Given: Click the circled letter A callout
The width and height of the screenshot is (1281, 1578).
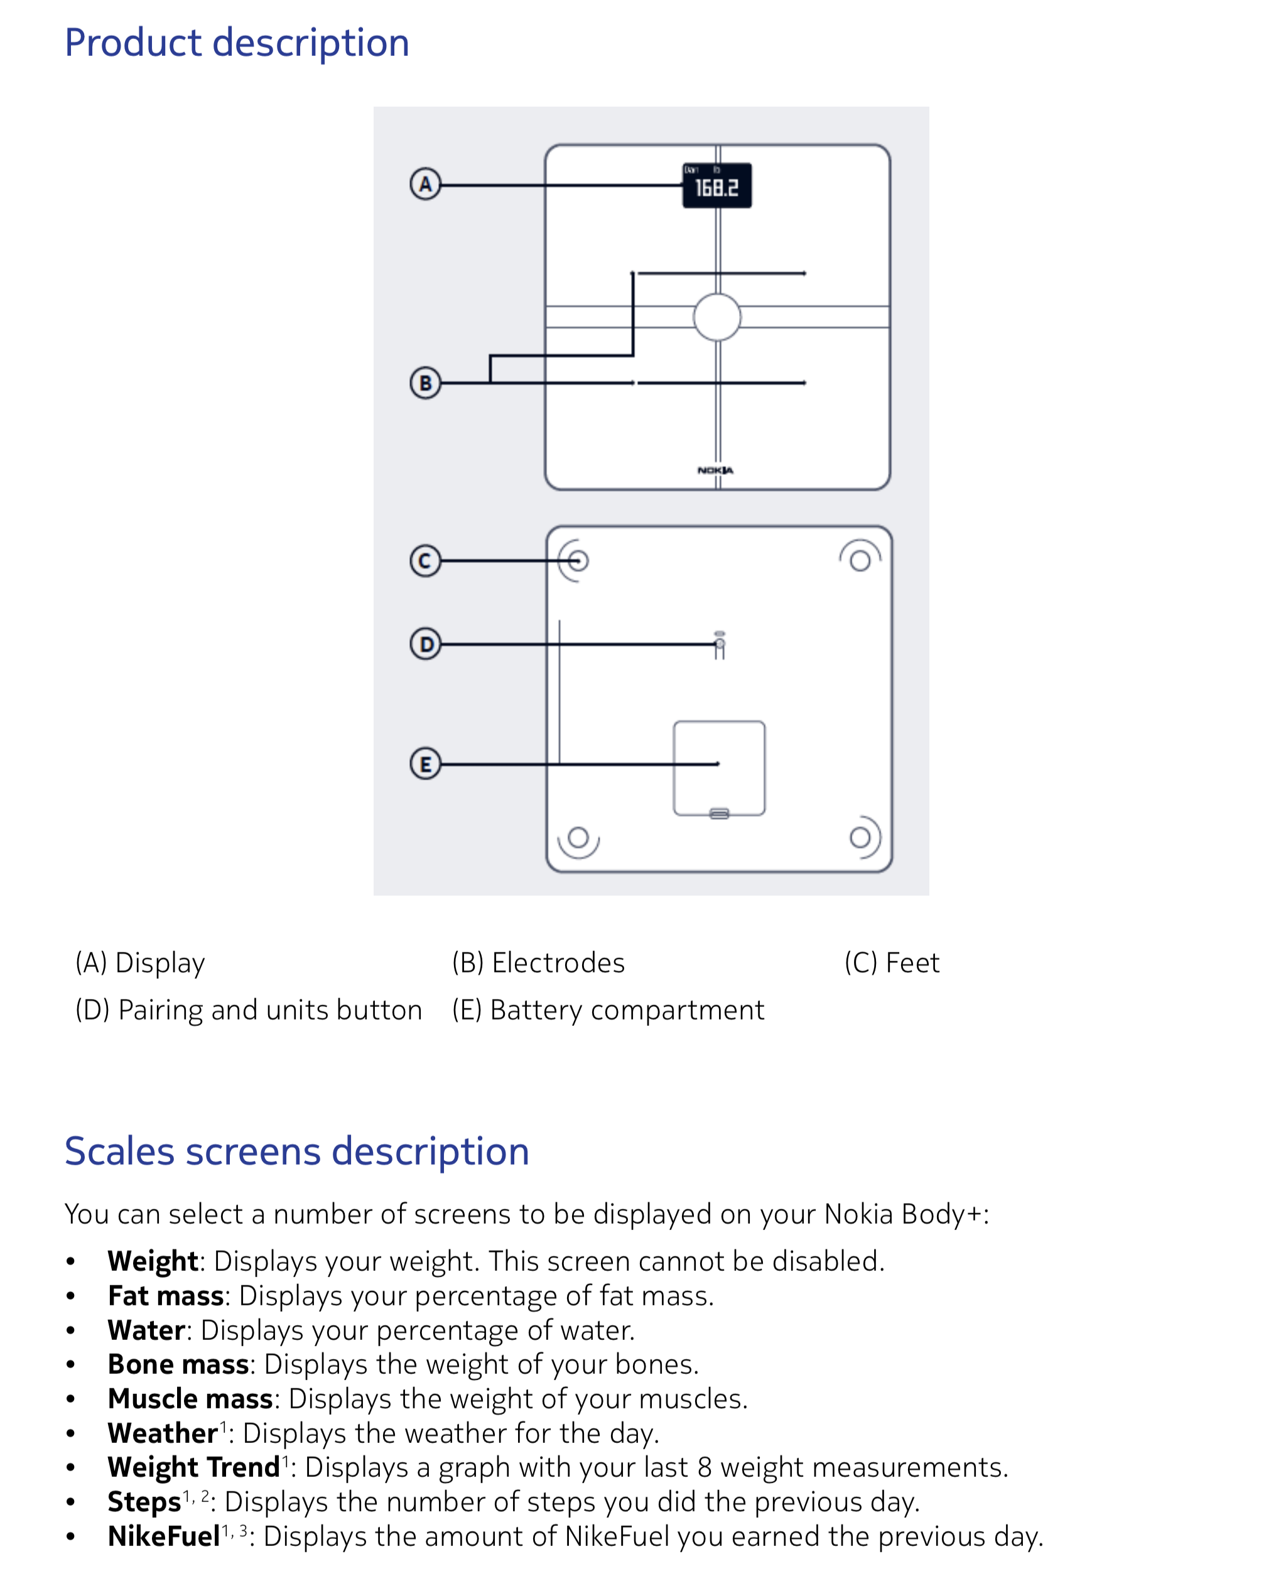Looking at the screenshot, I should pyautogui.click(x=425, y=184).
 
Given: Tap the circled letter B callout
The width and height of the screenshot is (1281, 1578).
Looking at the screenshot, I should pyautogui.click(x=425, y=383).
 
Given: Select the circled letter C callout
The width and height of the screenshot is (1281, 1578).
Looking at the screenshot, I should pyautogui.click(x=425, y=561).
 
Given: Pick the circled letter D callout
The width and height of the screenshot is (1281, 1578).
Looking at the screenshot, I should pyautogui.click(x=425, y=645).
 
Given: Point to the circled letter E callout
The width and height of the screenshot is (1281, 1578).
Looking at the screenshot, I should pyautogui.click(x=425, y=764).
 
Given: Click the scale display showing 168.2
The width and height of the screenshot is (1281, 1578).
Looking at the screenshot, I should pyautogui.click(x=716, y=186).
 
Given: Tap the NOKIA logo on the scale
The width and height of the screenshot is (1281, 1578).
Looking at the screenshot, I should pyautogui.click(x=715, y=470).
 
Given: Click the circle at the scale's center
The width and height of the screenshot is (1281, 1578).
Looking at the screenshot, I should pyautogui.click(x=716, y=317).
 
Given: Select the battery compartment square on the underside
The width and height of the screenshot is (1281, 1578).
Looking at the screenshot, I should pyautogui.click(x=719, y=768).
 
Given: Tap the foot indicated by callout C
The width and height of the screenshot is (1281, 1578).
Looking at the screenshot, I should pyautogui.click(x=578, y=561).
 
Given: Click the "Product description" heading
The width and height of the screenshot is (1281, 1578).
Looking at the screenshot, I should pyautogui.click(x=237, y=43).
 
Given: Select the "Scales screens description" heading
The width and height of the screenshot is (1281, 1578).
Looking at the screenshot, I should pyautogui.click(x=296, y=1151).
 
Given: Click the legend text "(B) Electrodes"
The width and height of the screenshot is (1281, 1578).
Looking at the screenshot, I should pyautogui.click(x=538, y=962).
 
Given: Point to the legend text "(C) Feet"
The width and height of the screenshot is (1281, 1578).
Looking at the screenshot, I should pyautogui.click(x=892, y=962).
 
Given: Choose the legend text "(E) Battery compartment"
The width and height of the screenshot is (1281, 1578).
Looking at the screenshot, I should pyautogui.click(x=608, y=1009).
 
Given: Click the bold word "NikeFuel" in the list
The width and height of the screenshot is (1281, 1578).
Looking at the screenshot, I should pyautogui.click(x=164, y=1537).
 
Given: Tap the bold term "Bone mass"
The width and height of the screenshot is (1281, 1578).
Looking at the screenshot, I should pyautogui.click(x=178, y=1364).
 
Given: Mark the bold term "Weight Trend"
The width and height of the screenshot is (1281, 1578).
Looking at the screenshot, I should pyautogui.click(x=193, y=1467).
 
